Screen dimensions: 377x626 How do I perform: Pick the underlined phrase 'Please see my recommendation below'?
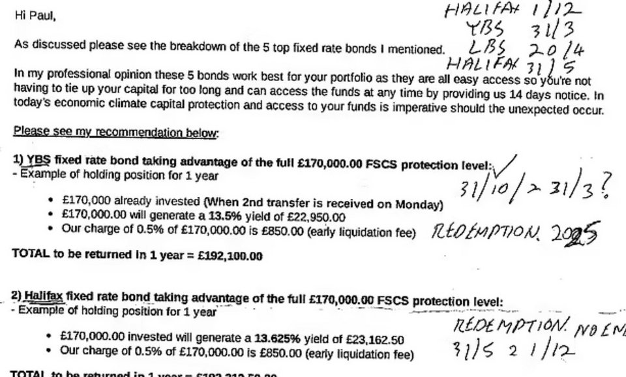click(116, 132)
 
